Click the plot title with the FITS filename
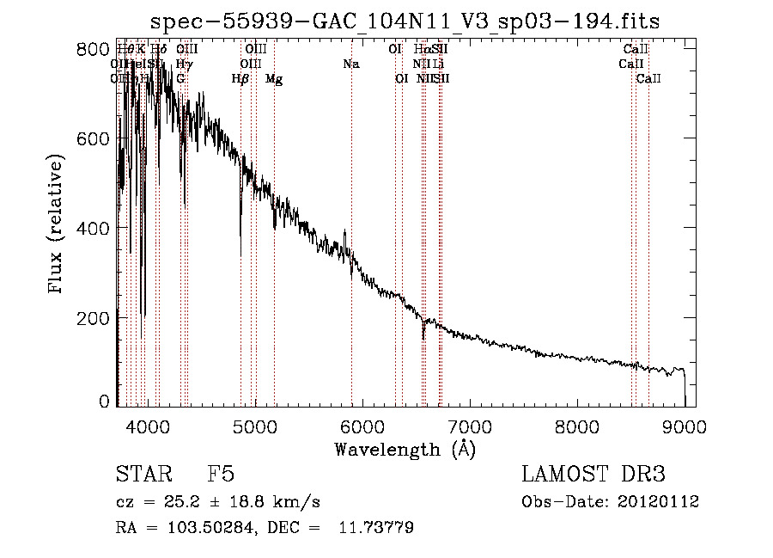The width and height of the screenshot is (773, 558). [405, 21]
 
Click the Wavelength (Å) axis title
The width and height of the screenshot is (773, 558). [405, 449]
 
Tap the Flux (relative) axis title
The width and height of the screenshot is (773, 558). [57, 225]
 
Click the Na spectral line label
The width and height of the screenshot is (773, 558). [350, 64]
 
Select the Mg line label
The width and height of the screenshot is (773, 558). [274, 79]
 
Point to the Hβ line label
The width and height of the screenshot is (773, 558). [240, 79]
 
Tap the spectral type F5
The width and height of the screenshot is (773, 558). [221, 475]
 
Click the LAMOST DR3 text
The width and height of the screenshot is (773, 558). [593, 475]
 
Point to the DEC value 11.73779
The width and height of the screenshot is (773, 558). [377, 528]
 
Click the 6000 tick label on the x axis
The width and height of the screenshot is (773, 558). [362, 424]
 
